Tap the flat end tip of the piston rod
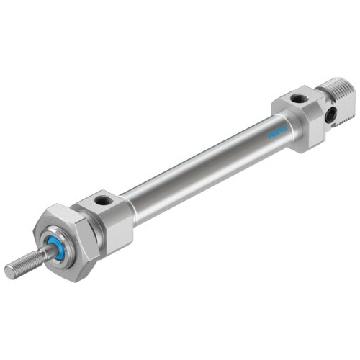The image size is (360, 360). (9, 271)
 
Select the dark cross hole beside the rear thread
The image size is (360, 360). (332, 114)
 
